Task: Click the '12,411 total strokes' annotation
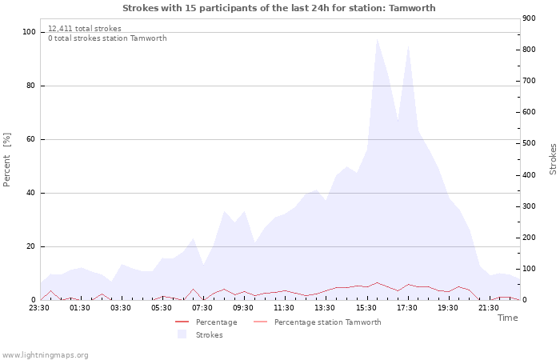point(85,29)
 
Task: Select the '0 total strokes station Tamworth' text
point(107,38)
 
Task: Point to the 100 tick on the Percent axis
point(30,32)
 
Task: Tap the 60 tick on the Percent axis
point(31,139)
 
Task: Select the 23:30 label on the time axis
point(40,307)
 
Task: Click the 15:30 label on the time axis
point(366,307)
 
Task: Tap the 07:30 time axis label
point(203,307)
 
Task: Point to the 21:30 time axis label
point(489,307)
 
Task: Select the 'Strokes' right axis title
point(553,159)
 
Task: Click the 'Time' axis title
point(507,318)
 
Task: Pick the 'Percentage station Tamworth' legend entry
point(327,322)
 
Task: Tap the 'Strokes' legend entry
point(209,335)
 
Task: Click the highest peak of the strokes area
point(377,38)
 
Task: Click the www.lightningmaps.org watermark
point(45,355)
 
